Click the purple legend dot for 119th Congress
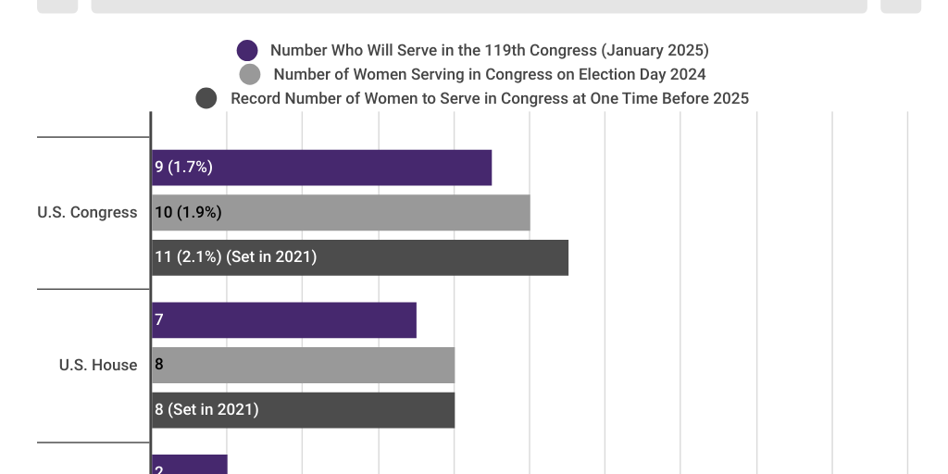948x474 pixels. (x=247, y=50)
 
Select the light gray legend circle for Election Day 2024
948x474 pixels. (x=250, y=74)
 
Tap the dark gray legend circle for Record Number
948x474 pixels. (x=206, y=98)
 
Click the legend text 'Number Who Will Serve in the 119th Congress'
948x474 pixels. (x=489, y=50)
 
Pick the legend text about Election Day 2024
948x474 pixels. (x=489, y=74)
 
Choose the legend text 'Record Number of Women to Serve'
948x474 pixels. (x=489, y=98)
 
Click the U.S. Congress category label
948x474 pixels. (x=87, y=212)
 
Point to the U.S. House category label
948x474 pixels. (x=98, y=365)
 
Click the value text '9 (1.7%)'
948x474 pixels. (x=183, y=168)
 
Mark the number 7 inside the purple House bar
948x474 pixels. (x=159, y=319)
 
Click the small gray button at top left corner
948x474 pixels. (x=57, y=6)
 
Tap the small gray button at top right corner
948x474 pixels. (x=900, y=6)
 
